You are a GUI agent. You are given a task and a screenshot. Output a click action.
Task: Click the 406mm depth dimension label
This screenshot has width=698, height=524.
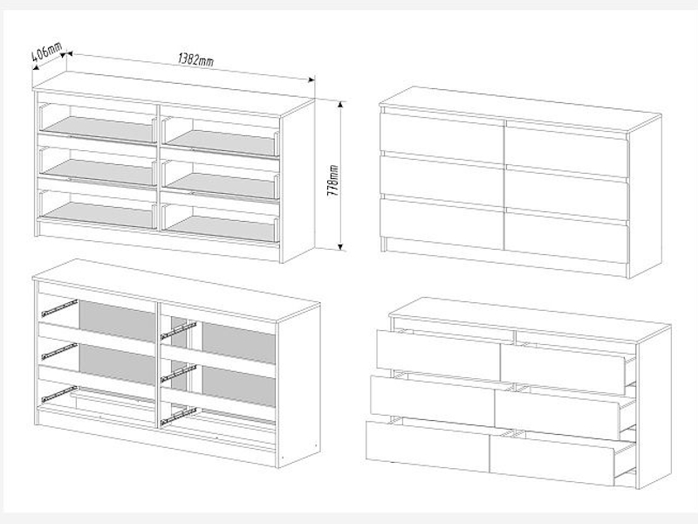point(47,52)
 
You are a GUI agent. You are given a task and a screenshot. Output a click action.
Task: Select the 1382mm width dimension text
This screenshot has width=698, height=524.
point(195,59)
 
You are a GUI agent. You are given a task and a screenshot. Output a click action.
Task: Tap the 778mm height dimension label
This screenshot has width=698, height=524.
point(334,182)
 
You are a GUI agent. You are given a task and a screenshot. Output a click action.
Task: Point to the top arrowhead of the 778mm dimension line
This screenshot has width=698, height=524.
point(340,105)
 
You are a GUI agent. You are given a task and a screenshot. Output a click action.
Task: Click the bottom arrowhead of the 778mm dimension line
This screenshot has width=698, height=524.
point(340,246)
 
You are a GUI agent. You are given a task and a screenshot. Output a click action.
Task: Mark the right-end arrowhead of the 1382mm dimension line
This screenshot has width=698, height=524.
point(311,79)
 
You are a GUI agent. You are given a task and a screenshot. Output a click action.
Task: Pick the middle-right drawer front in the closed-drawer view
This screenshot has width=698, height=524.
point(566,193)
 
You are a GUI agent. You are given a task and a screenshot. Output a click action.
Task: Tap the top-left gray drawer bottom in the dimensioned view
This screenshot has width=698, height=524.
point(99,128)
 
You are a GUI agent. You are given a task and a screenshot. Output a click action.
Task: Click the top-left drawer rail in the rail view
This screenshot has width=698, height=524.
point(59,308)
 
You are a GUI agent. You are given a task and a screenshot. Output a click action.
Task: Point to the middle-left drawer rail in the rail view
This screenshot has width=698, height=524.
point(59,350)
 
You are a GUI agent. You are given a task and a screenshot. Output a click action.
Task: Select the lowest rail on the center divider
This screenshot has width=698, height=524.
point(179,416)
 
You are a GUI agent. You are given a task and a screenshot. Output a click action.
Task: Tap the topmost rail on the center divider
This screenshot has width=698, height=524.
point(179,331)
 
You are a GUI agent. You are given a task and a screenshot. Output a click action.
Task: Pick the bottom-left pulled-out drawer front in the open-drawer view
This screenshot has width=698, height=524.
point(428,446)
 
